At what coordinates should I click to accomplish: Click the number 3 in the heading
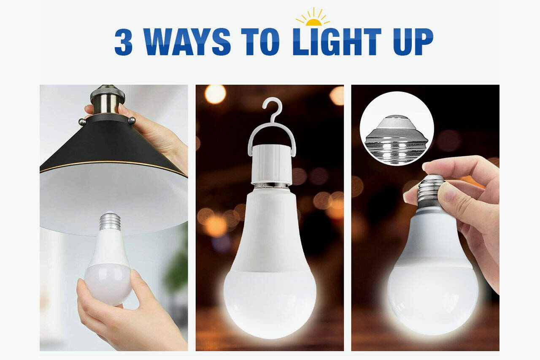tap(124, 42)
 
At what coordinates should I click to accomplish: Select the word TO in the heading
tap(260, 42)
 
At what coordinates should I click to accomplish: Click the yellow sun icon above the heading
tap(313, 18)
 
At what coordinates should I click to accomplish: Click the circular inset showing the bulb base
tap(397, 128)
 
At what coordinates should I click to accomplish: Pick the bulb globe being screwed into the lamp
tap(108, 279)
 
